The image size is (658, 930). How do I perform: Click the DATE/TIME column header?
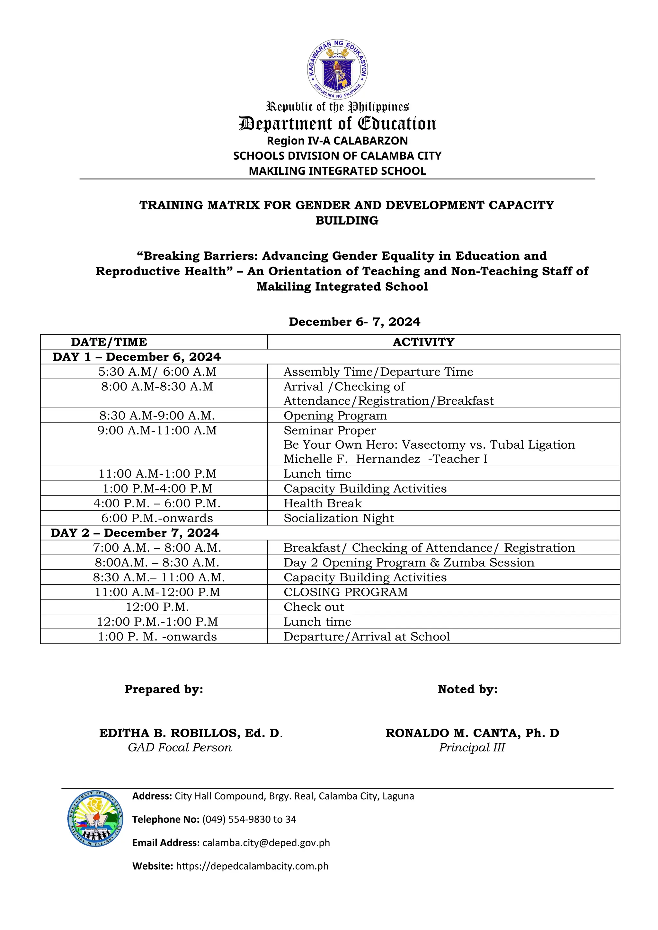(x=109, y=342)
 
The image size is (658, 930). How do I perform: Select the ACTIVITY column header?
(x=423, y=342)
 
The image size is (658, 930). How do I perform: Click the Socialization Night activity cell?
(x=339, y=518)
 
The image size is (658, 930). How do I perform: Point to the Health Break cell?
(x=323, y=503)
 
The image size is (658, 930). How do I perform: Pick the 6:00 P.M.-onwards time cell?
(x=157, y=518)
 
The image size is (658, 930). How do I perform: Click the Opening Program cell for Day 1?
(x=335, y=416)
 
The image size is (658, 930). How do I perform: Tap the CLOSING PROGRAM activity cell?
(x=346, y=592)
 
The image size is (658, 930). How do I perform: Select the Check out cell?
(x=314, y=607)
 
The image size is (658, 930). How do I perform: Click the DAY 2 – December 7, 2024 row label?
(x=135, y=533)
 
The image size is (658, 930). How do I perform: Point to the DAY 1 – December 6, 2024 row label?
(x=137, y=357)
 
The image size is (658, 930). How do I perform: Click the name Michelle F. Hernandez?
(x=352, y=459)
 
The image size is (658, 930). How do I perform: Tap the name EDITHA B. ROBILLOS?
(x=191, y=733)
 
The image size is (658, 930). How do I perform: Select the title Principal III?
(x=472, y=747)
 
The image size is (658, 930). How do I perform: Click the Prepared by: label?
(x=164, y=689)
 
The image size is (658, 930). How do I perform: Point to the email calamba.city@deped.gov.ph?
(x=266, y=843)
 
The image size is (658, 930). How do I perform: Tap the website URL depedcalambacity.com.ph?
(x=252, y=866)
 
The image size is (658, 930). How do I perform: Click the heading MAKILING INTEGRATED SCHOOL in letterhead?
(x=337, y=171)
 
